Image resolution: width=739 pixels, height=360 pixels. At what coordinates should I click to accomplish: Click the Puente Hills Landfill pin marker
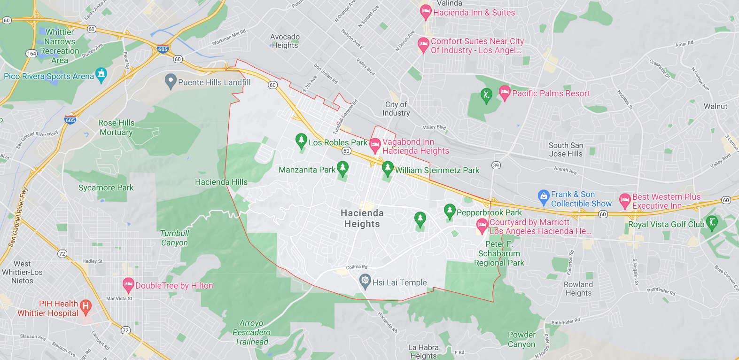point(171,81)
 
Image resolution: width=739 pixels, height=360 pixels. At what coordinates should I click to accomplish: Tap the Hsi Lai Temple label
point(399,282)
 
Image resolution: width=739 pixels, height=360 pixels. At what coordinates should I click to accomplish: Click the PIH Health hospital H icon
point(85,306)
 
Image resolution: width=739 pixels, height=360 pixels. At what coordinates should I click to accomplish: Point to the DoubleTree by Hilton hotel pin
point(128,284)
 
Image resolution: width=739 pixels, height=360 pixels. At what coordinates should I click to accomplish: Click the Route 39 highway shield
point(496,165)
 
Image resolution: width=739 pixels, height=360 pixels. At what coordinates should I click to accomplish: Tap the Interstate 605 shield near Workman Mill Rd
point(163,49)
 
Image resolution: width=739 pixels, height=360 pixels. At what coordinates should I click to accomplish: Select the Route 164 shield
point(31,53)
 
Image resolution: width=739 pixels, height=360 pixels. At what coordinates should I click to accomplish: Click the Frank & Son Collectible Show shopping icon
point(544,197)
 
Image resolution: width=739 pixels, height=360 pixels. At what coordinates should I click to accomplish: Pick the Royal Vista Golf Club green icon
point(712,222)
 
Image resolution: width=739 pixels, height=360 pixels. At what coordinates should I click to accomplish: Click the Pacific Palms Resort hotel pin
point(505,92)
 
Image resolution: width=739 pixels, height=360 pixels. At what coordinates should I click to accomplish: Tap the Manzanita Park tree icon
point(342,168)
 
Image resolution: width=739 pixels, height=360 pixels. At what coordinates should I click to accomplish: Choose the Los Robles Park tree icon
point(301,140)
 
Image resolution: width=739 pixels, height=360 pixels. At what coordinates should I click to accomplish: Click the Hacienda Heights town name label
point(362,219)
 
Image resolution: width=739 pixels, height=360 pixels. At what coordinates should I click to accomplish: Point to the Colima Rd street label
point(357,267)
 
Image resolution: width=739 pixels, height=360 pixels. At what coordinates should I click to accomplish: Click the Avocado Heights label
point(285,41)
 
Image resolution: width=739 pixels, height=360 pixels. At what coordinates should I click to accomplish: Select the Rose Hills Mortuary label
point(116,127)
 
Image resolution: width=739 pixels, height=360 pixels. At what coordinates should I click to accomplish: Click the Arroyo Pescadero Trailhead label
point(251,332)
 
